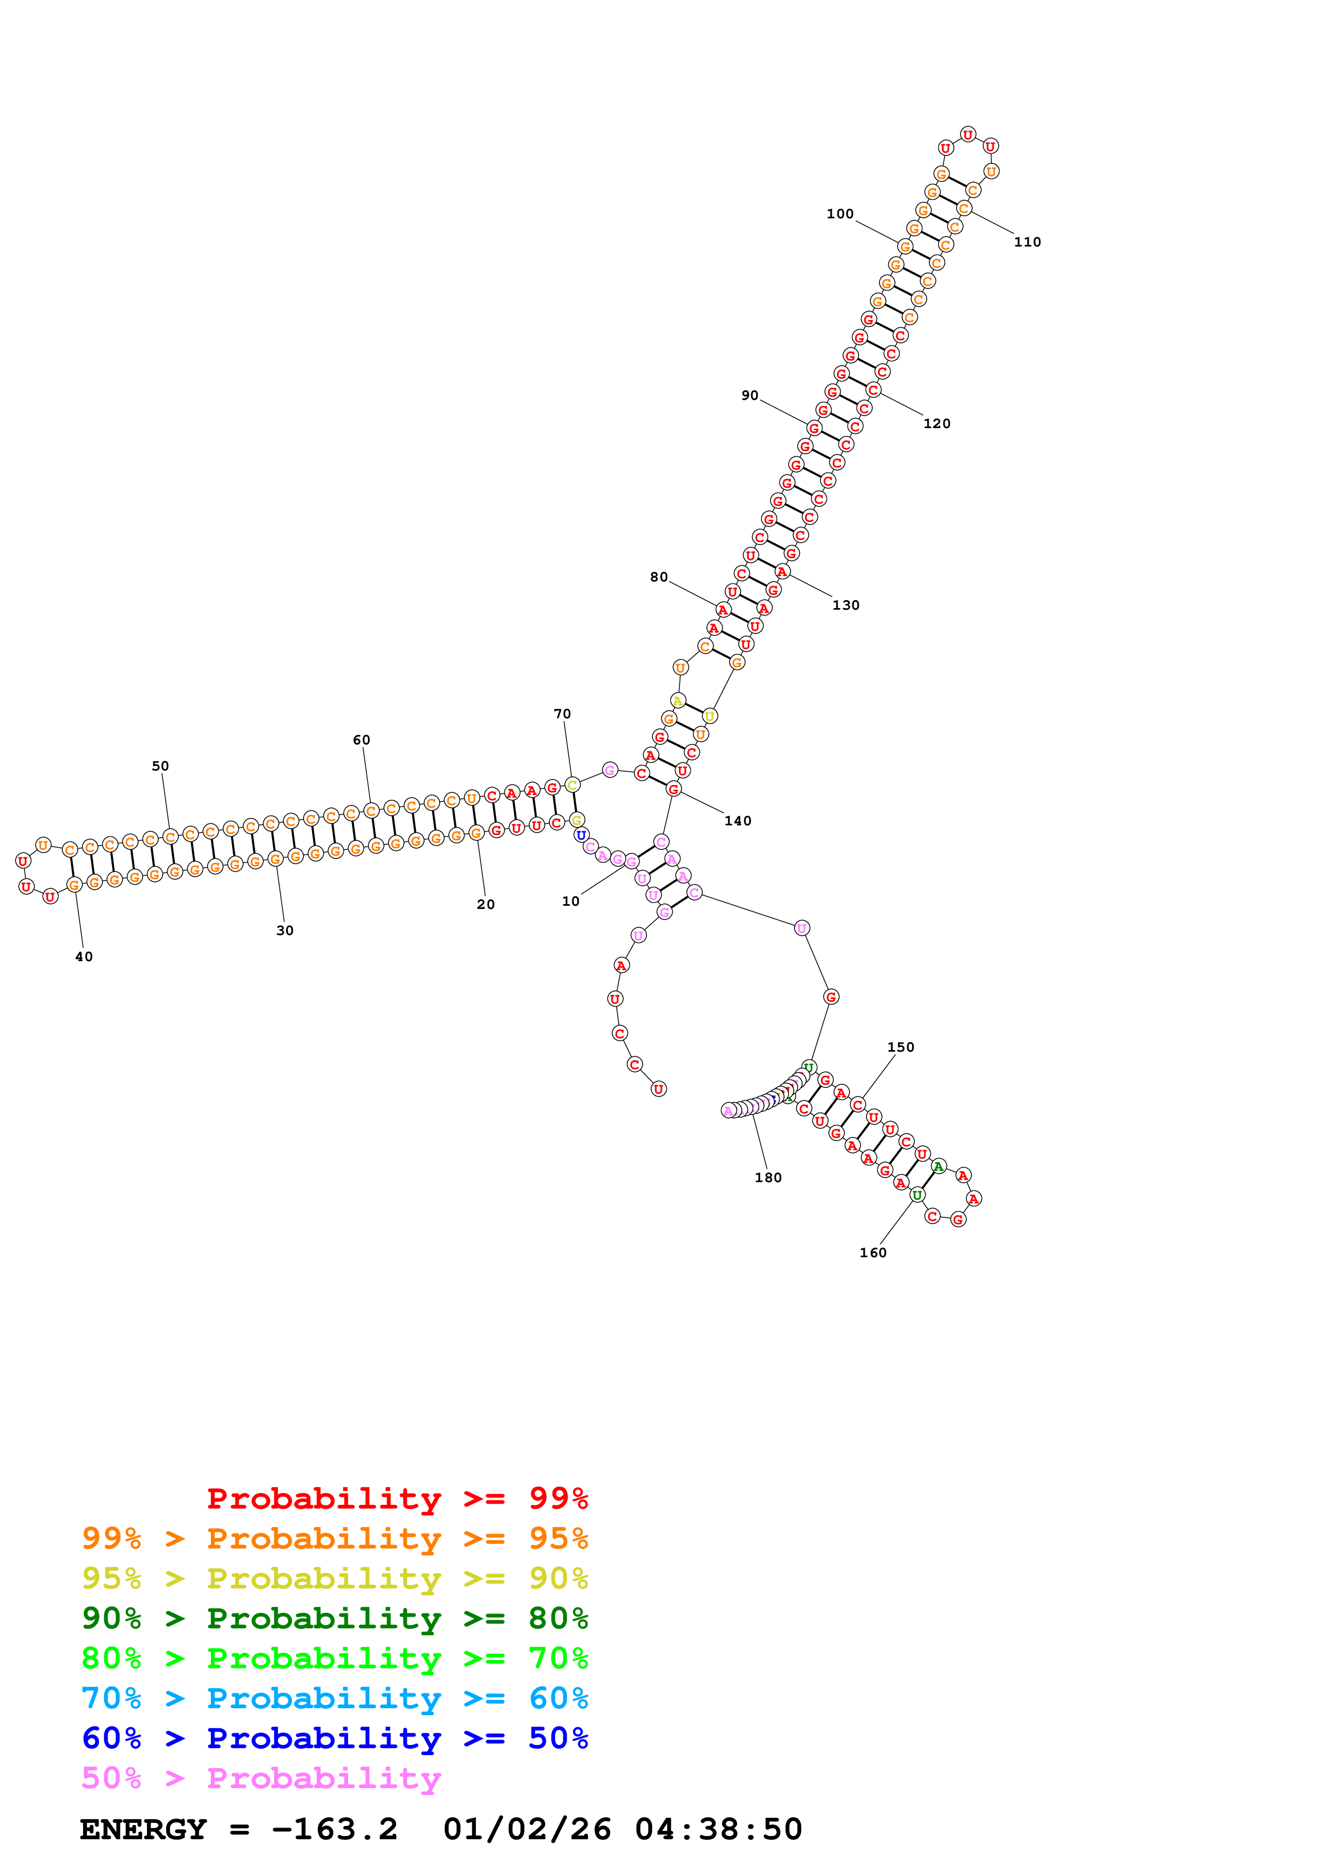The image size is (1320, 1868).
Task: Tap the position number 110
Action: pyautogui.click(x=1027, y=242)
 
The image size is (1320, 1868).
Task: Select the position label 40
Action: pyautogui.click(x=84, y=957)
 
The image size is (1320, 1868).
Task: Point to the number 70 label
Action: pyautogui.click(x=562, y=714)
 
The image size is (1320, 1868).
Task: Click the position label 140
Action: pyautogui.click(x=737, y=821)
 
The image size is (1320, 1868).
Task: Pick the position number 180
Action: pyautogui.click(x=768, y=1177)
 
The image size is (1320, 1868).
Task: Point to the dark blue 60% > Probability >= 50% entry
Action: pyautogui.click(x=334, y=1738)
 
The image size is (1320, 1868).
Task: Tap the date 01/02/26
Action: pyautogui.click(x=527, y=1829)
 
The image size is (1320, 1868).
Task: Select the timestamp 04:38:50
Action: pyautogui.click(x=718, y=1829)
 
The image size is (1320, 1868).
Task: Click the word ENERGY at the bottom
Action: pyautogui.click(x=143, y=1829)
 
